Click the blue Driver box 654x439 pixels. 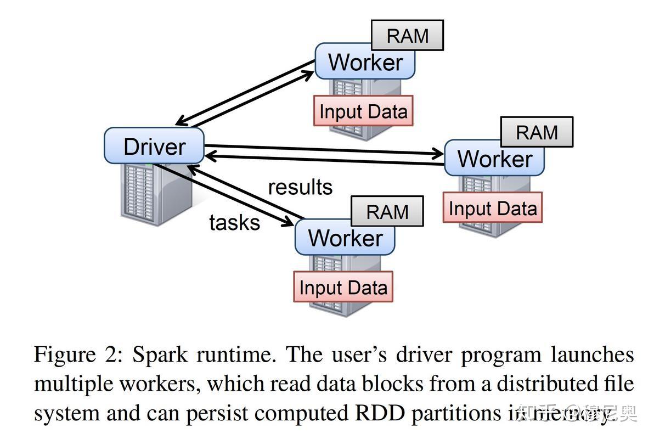pos(154,146)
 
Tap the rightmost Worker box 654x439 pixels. pos(494,159)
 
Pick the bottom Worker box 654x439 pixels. pos(345,238)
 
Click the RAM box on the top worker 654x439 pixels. pos(407,36)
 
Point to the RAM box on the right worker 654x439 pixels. pos(537,132)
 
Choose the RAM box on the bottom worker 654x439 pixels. pos(387,212)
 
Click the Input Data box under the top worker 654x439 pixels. pos(363,111)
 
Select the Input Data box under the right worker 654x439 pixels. pos(492,208)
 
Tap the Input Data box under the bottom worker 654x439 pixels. pos(343,287)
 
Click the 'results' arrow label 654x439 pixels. pos(300,187)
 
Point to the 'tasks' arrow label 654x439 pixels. pos(234,222)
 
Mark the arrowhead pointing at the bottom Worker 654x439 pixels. pos(289,222)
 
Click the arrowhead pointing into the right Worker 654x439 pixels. pos(439,153)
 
